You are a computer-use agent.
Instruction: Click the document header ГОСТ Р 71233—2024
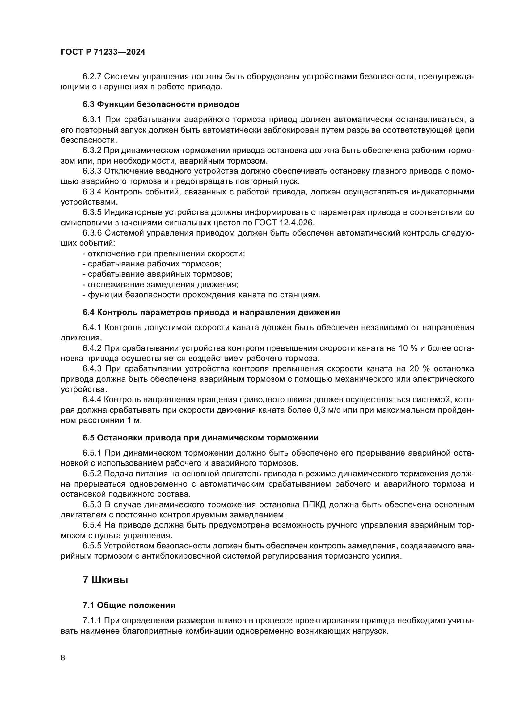(103, 52)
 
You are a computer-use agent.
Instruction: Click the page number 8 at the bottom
(63, 658)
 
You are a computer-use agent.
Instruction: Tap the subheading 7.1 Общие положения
(129, 605)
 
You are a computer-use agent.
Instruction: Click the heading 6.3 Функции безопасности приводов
(161, 104)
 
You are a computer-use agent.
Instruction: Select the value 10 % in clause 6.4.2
(406, 348)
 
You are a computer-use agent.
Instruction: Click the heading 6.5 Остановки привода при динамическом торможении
(201, 438)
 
